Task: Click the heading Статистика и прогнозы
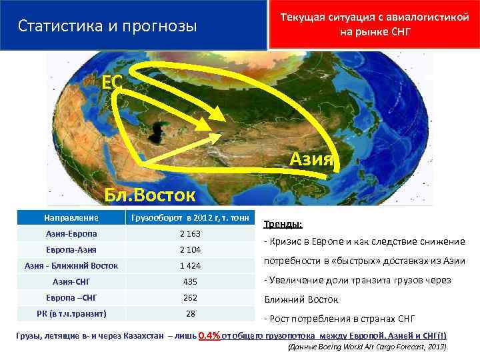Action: click(107, 26)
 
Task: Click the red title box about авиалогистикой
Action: click(375, 25)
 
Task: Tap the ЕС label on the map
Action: click(111, 82)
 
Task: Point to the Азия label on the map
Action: click(311, 159)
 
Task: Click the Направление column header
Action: click(71, 217)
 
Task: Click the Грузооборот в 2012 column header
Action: click(190, 217)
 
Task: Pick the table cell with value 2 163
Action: click(190, 234)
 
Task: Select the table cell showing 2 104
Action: click(190, 249)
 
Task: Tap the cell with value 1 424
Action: click(190, 265)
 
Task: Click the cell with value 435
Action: click(190, 281)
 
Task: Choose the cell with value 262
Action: click(190, 297)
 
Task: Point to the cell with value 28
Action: click(190, 313)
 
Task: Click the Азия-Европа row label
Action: click(71, 234)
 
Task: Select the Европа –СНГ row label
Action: click(71, 297)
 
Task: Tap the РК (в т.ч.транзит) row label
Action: click(71, 313)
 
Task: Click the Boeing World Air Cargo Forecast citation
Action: click(365, 347)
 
